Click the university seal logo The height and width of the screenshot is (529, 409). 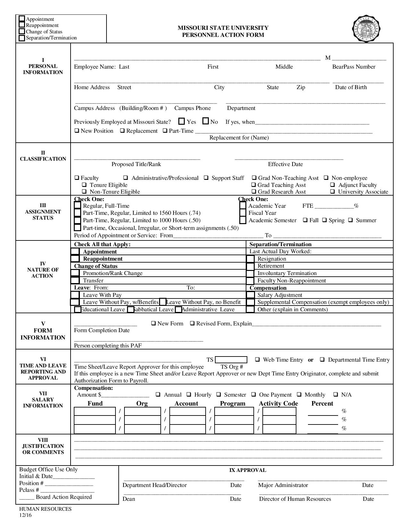(367, 29)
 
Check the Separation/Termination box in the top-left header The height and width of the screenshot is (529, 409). (22, 38)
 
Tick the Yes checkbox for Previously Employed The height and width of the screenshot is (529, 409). (182, 122)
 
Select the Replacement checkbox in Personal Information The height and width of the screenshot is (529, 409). (123, 131)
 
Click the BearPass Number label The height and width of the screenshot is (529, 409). (354, 67)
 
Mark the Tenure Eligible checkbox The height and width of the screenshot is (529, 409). (84, 185)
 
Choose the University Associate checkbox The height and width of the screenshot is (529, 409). (333, 192)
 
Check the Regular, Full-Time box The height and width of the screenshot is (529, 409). (77, 206)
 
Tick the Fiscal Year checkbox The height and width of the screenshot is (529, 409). (243, 213)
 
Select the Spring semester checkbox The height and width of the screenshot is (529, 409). (325, 220)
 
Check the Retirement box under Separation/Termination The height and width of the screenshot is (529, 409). (250, 266)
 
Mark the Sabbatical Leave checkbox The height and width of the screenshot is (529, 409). (131, 310)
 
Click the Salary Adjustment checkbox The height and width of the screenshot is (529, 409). (250, 295)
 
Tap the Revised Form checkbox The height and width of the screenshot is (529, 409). (192, 323)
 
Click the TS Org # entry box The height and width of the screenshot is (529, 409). (231, 360)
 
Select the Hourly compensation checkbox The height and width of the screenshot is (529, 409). (189, 395)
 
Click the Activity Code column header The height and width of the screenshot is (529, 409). (278, 404)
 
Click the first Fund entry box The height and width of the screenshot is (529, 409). (95, 411)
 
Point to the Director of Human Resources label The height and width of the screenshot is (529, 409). (295, 499)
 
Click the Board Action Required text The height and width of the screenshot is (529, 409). (64, 497)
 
